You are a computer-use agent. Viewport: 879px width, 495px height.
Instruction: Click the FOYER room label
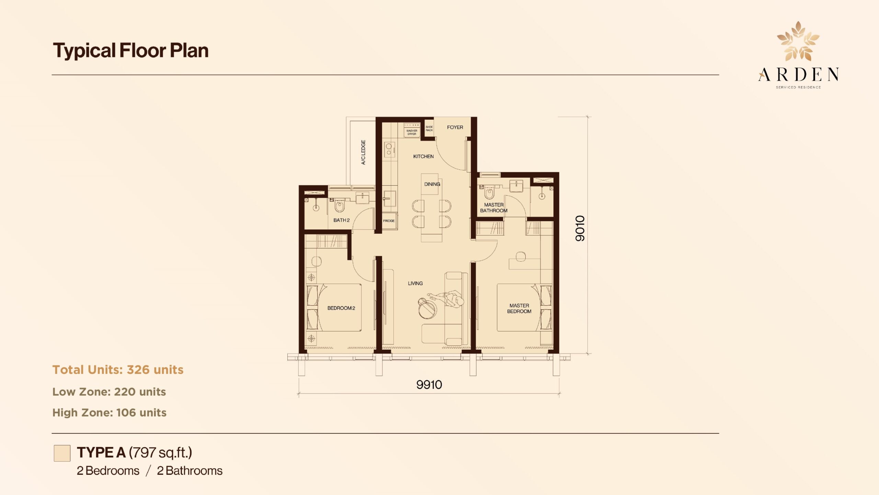point(455,127)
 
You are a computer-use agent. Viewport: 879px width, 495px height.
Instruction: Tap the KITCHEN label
point(423,156)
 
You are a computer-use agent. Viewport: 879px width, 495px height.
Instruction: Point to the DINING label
point(432,184)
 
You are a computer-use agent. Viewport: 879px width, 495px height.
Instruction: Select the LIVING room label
point(415,283)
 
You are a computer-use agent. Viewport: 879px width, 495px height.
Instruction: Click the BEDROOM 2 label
point(341,308)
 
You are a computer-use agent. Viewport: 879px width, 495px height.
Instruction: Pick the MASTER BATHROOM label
point(494,208)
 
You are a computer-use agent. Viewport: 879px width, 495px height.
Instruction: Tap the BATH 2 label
point(341,220)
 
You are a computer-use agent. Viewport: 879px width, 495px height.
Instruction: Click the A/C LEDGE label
point(363,152)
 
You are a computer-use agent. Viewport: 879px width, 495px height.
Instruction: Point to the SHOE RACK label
point(429,129)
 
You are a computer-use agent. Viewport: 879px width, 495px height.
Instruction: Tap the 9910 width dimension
point(429,385)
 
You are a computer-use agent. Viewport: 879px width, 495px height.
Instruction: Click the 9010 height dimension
point(580,228)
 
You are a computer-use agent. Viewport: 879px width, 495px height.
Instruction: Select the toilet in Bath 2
point(340,206)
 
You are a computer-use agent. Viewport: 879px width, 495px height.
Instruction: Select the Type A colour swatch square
point(62,453)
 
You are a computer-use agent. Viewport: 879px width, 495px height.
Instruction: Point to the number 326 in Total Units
point(138,370)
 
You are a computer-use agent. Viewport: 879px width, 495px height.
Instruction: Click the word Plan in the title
point(189,51)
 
